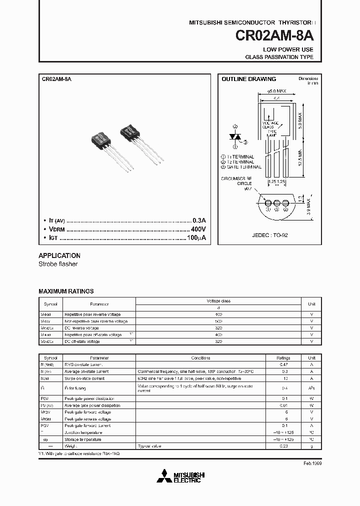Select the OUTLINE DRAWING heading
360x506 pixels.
pos(248,79)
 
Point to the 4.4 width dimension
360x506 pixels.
pos(275,99)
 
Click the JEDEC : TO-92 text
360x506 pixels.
pos(270,234)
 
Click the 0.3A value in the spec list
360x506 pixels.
pos(199,220)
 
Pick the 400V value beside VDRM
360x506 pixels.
pos(198,229)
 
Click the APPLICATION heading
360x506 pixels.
pos(59,255)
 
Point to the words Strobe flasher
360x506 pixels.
pos(58,264)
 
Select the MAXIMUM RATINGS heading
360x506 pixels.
pos(66,291)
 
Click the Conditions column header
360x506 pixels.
pos(201,358)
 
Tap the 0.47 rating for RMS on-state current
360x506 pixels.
pos(284,365)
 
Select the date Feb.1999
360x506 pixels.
pos(312,463)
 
